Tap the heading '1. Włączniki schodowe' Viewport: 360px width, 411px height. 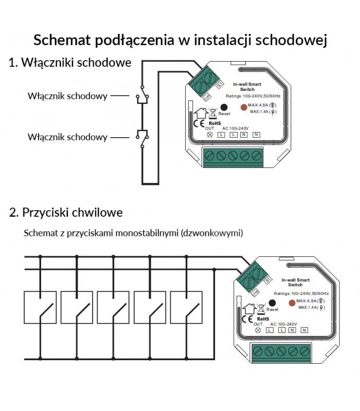tap(70, 63)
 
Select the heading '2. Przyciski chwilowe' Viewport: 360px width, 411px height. tap(66, 212)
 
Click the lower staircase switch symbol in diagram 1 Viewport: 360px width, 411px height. tap(142, 137)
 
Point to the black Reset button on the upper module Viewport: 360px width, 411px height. tap(224, 107)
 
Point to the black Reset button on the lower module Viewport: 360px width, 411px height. tap(272, 304)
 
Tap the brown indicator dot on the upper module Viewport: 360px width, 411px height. tap(244, 108)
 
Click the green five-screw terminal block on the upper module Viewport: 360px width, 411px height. tap(233, 157)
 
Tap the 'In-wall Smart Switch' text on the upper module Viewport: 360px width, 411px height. tap(247, 86)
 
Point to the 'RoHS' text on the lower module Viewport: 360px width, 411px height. tap(262, 319)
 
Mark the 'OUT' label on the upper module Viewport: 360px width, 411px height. tap(209, 128)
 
